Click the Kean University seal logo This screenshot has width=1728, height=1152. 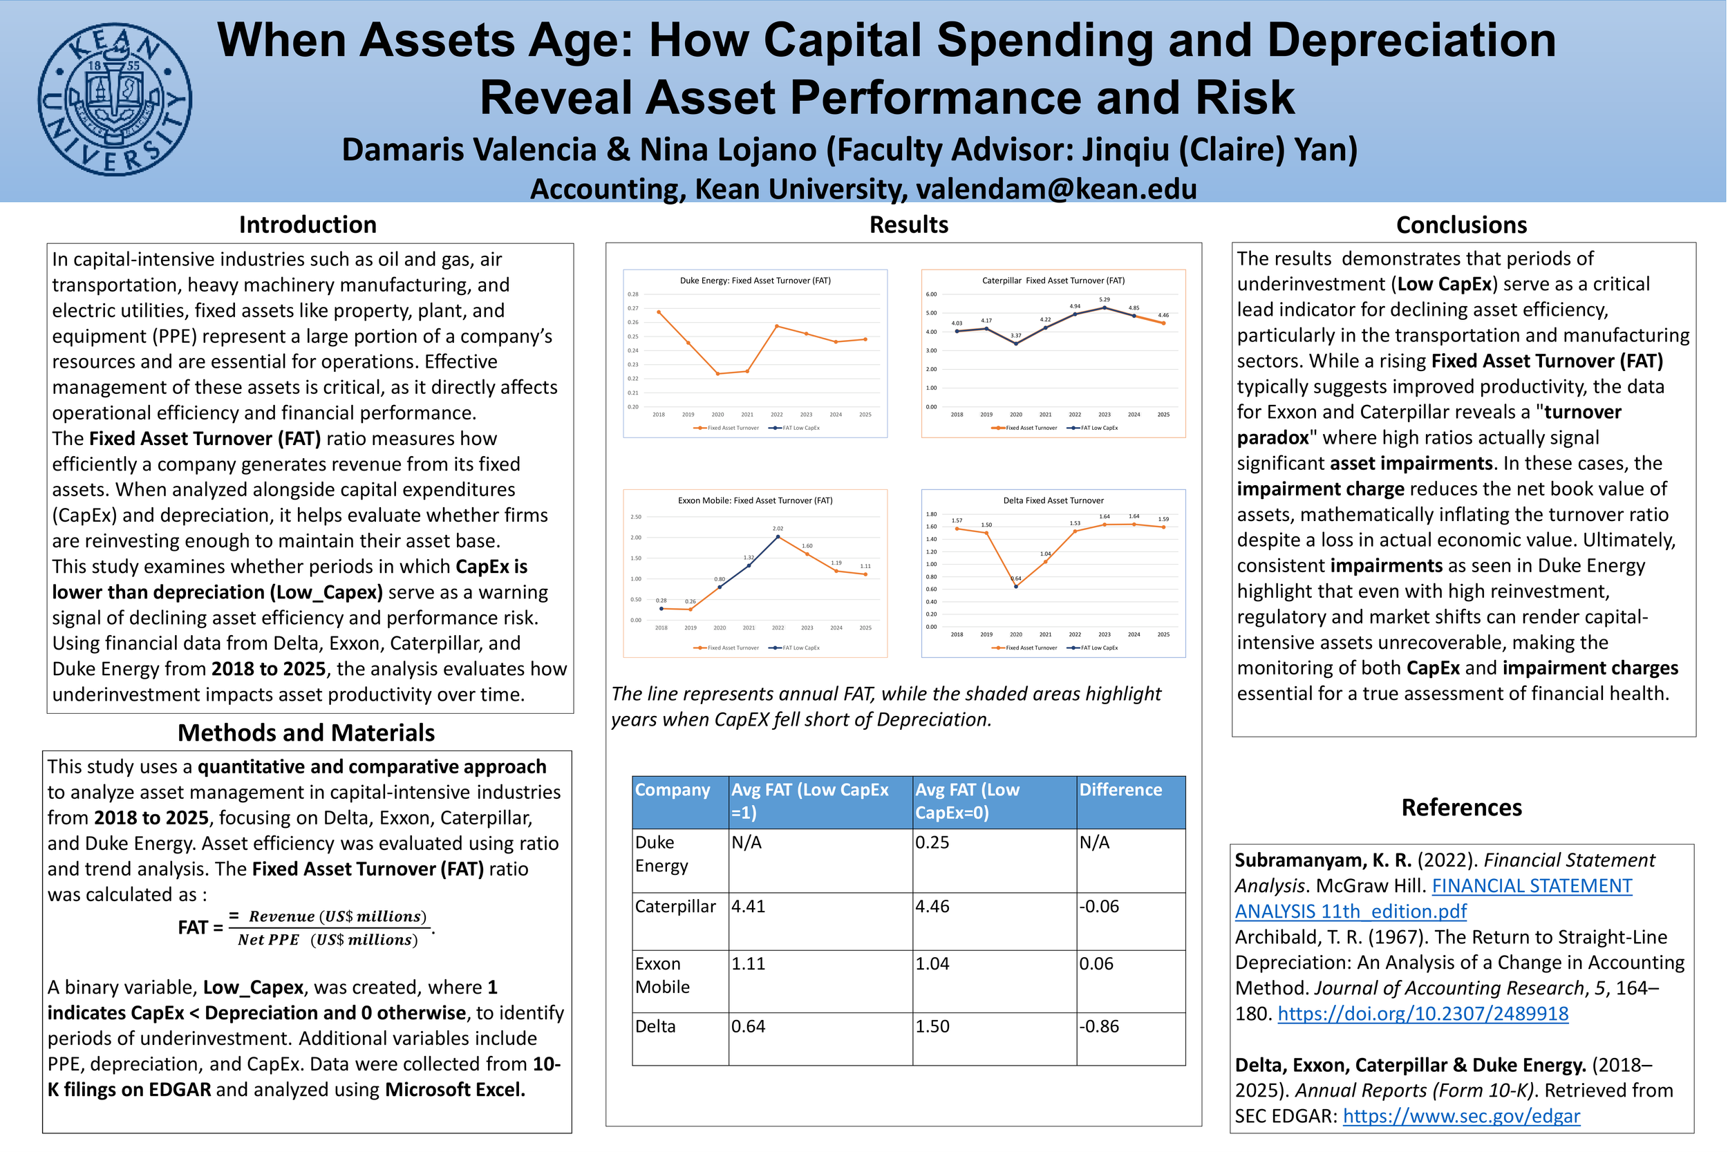pos(115,100)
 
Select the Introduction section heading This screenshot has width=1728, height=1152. pos(307,225)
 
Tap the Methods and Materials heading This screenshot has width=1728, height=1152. pos(306,733)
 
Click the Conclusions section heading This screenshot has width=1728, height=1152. pos(1461,225)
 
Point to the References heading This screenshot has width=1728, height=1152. pos(1461,807)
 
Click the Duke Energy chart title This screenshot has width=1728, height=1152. pos(755,281)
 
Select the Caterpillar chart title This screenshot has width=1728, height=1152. pos(1053,281)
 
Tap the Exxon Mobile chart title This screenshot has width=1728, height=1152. pos(755,500)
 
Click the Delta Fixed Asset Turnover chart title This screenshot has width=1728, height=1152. pos(1053,500)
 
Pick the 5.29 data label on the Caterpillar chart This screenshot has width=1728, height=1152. pos(1105,300)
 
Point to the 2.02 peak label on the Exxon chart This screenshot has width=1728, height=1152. pos(778,528)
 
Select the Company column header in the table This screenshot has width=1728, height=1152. pos(673,790)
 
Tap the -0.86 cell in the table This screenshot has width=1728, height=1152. pos(1099,1026)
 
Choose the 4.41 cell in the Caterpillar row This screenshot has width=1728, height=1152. pos(748,907)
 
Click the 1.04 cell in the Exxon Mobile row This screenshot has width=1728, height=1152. pos(932,964)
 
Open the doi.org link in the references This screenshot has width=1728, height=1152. pos(1422,1014)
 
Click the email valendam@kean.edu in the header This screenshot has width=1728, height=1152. pos(1055,189)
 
